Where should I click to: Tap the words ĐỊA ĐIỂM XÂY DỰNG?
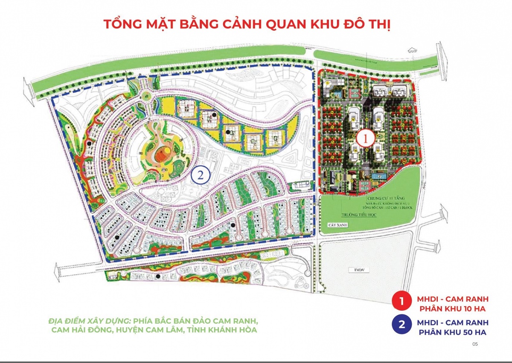(x=89, y=320)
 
